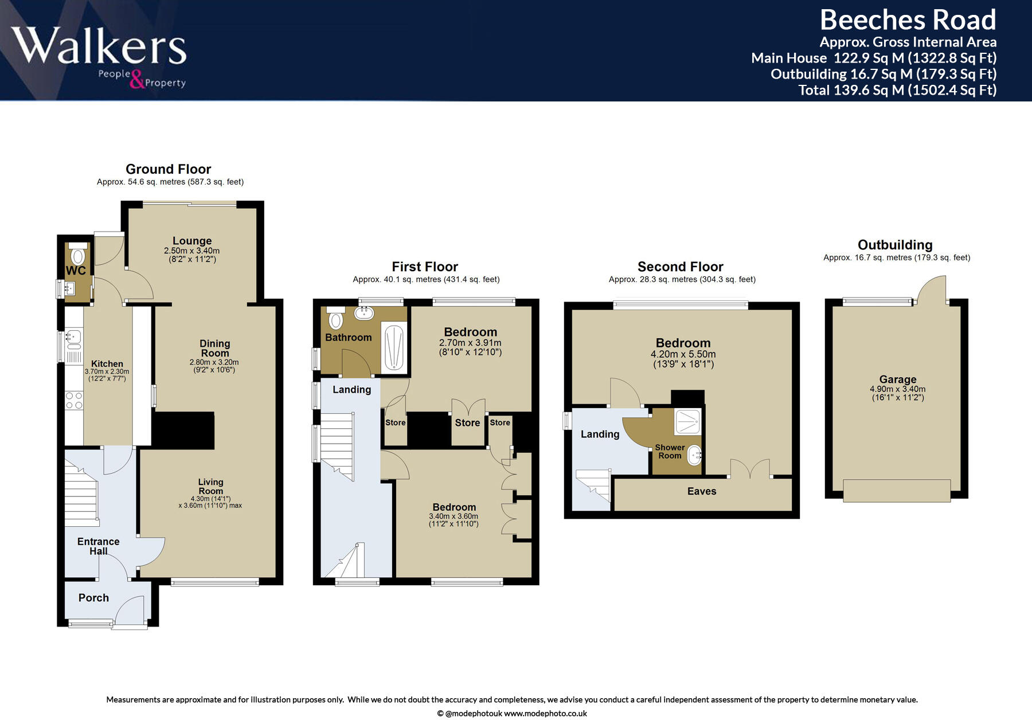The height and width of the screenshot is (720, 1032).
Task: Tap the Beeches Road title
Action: pos(908,20)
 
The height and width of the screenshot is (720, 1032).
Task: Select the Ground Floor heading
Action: pos(168,169)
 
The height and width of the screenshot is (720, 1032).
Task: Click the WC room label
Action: pos(76,271)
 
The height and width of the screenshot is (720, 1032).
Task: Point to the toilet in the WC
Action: pos(78,254)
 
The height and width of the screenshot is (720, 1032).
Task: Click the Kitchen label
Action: pos(107,363)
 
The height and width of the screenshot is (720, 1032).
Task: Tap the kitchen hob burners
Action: pos(74,400)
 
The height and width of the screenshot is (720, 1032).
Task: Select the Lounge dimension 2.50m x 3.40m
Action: pos(191,251)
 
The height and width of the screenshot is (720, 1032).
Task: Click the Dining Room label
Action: pos(214,348)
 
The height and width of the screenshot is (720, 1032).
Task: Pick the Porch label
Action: pos(93,598)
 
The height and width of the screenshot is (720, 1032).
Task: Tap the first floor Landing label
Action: pos(351,390)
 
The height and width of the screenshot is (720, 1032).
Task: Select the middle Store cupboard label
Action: pos(467,423)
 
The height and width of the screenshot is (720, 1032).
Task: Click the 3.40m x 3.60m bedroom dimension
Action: pos(454,516)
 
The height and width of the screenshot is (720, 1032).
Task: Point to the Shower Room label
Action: pos(670,451)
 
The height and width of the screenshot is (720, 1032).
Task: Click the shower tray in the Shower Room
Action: pos(687,421)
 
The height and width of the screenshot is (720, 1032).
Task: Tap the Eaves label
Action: pos(702,491)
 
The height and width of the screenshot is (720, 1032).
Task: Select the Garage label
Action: pos(897,379)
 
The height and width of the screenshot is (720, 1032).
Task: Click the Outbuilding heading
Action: pos(895,245)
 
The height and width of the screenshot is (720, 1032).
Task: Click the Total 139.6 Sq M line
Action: pos(897,90)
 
